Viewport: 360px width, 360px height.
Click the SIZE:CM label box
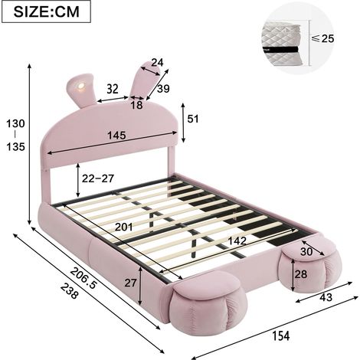(x=46, y=11)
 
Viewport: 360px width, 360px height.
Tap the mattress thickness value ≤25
(x=322, y=38)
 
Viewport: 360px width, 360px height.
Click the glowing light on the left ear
(x=81, y=86)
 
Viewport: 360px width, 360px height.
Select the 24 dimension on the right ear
(x=157, y=62)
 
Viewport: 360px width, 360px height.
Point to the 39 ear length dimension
(x=163, y=89)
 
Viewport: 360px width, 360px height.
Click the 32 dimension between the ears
(x=113, y=89)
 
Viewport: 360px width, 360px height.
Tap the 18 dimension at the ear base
(x=136, y=105)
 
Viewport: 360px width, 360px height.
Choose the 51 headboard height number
(x=193, y=119)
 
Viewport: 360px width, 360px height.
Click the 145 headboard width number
(x=116, y=135)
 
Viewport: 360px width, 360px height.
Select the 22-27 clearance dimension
(x=97, y=178)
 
